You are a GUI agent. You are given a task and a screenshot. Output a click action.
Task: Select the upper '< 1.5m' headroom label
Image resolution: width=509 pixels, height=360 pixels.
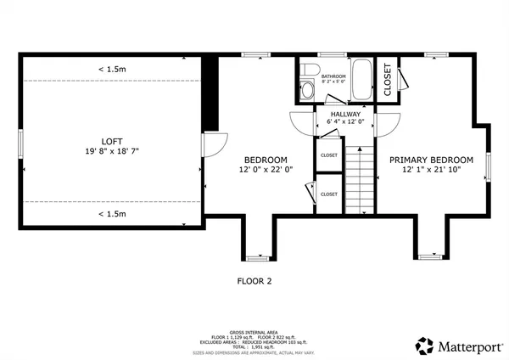[112, 69]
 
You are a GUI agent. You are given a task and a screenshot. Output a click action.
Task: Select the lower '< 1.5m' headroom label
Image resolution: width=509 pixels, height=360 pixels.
[112, 214]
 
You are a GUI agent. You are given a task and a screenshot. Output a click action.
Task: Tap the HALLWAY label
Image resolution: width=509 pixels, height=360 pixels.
[345, 114]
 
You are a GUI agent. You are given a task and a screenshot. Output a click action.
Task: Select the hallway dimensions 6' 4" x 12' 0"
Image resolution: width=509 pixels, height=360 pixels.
[345, 122]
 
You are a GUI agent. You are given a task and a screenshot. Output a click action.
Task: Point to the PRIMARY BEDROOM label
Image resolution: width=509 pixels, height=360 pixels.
[431, 160]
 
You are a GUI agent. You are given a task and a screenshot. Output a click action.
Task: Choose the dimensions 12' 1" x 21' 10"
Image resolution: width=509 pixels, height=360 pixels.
[431, 170]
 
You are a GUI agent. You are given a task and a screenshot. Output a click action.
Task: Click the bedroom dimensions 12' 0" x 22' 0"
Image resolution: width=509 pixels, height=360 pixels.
[266, 170]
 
